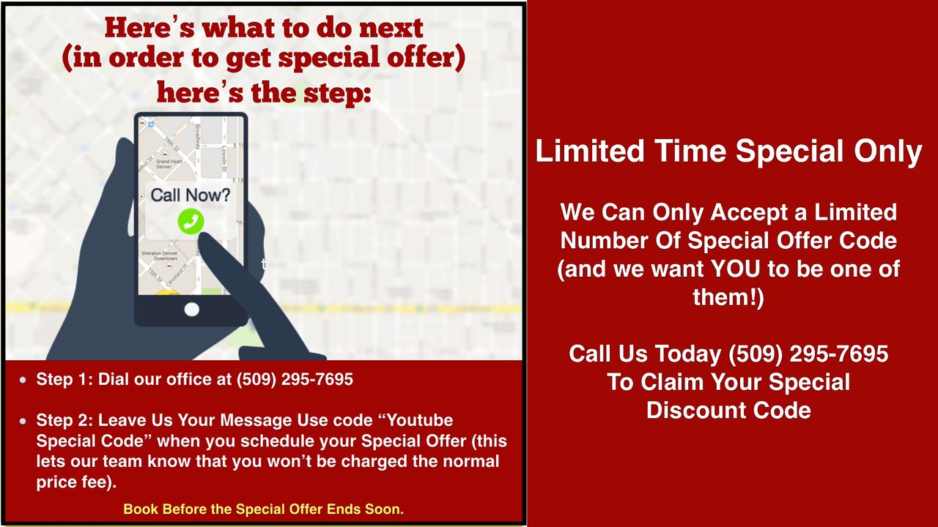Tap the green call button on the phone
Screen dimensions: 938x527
[191, 221]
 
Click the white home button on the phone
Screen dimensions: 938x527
[192, 310]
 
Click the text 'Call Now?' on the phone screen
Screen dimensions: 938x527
[191, 195]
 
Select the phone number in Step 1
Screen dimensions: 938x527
[295, 379]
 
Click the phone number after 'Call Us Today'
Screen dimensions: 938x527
[808, 354]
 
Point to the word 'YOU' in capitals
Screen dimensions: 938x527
[735, 269]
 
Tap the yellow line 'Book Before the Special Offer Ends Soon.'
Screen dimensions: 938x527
[263, 509]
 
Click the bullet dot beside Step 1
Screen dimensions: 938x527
[23, 380]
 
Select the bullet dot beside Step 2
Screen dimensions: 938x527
[23, 421]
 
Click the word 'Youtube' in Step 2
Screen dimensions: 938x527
[419, 420]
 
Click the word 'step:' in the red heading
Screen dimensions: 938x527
[337, 93]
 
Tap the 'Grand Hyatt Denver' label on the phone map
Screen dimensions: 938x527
[169, 163]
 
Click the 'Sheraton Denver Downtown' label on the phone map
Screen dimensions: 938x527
[159, 256]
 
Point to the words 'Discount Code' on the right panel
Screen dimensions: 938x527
[728, 410]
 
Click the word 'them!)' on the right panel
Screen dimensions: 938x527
[728, 296]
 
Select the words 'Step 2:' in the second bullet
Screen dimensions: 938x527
[64, 420]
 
